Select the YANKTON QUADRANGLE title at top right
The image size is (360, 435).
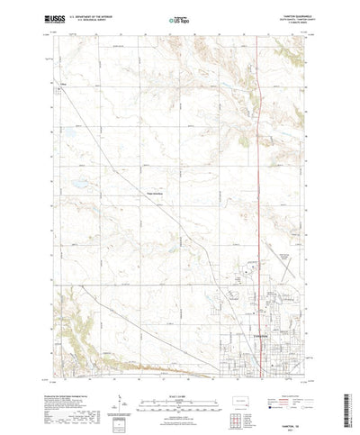[286, 13]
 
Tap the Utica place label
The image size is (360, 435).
[64, 86]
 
